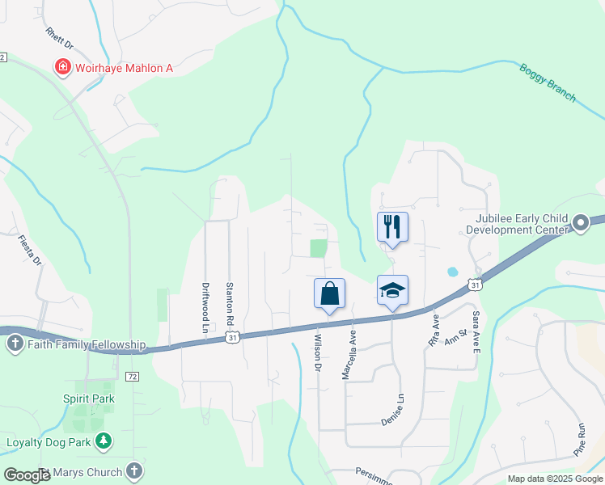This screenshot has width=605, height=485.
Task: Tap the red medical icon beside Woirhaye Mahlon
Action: (x=61, y=67)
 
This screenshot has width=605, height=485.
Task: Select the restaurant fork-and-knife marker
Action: (x=392, y=226)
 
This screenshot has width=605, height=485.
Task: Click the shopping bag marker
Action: (x=330, y=293)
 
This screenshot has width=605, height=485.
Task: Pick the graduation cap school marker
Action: (x=392, y=289)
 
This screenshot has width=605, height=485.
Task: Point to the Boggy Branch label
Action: (x=548, y=82)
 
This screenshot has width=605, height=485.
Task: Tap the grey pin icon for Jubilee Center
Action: (x=580, y=222)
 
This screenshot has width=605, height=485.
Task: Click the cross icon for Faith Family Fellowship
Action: (x=14, y=345)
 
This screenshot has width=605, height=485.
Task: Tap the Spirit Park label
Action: (x=89, y=399)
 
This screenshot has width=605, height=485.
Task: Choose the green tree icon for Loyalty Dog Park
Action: (x=103, y=441)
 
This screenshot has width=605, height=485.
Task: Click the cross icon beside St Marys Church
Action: (x=134, y=471)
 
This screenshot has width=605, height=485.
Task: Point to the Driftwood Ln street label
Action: (x=205, y=307)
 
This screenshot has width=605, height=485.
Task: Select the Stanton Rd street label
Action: (x=230, y=304)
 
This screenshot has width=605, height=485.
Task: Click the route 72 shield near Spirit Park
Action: (x=133, y=377)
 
